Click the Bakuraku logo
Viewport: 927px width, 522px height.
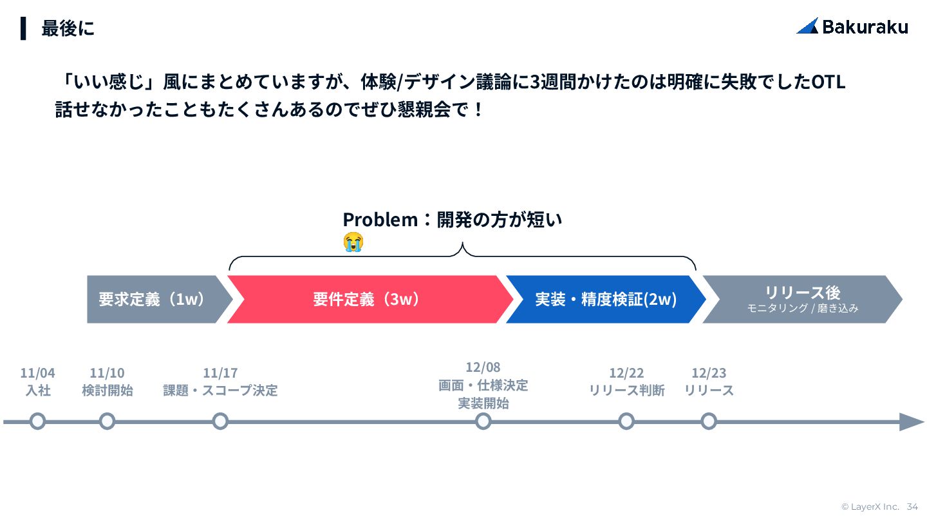852,26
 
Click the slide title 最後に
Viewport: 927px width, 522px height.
68,28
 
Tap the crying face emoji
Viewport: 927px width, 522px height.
353,242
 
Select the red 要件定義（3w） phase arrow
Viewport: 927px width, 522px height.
367,300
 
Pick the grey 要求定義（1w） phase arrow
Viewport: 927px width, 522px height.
154,300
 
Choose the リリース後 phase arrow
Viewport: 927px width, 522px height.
802,300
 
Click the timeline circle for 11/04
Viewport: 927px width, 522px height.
38,421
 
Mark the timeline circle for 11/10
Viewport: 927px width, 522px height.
108,421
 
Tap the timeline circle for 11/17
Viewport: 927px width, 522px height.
220,421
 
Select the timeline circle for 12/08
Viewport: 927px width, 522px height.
483,421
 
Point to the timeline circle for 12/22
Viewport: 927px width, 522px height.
626,421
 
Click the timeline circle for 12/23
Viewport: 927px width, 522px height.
709,421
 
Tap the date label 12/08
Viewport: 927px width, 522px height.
483,367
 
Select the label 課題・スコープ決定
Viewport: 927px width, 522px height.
220,391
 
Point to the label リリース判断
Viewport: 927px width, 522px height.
626,391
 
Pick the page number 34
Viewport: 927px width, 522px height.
912,507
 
